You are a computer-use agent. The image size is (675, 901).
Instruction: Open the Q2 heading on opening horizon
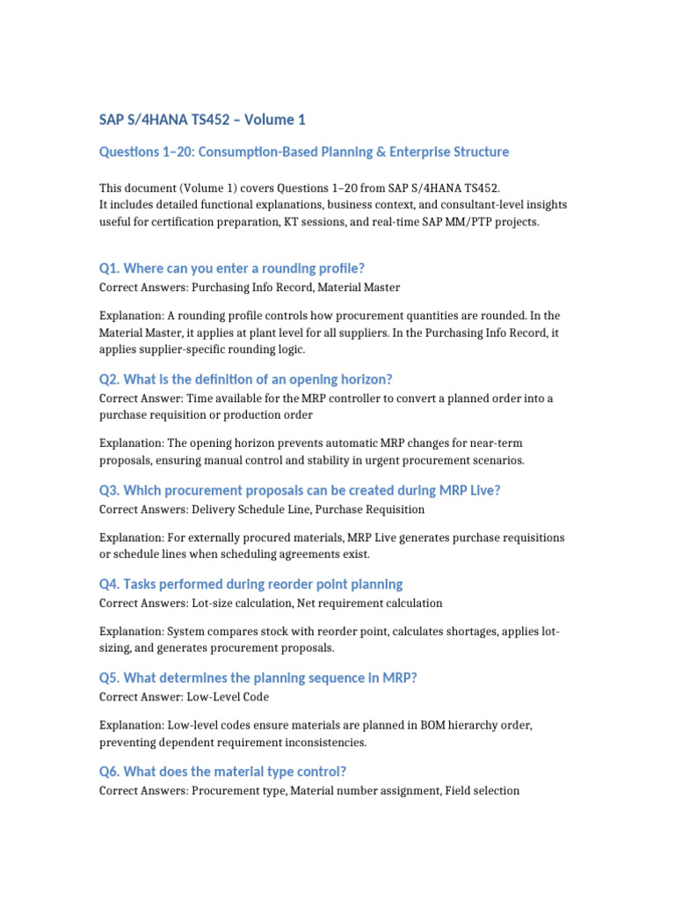tap(245, 379)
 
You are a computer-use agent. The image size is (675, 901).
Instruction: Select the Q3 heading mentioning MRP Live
tap(300, 491)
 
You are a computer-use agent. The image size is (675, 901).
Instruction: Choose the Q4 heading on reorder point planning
tap(250, 584)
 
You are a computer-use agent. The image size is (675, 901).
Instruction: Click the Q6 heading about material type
tap(222, 772)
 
